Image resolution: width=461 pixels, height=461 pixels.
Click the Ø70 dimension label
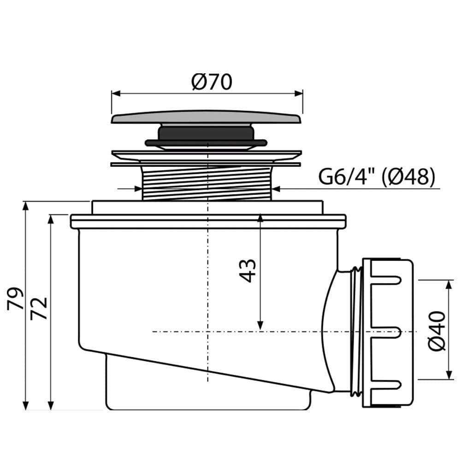[212, 82]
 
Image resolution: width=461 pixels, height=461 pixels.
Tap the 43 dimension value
[248, 271]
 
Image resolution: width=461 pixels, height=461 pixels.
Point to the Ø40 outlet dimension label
[437, 331]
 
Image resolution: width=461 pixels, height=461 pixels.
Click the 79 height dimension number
[15, 299]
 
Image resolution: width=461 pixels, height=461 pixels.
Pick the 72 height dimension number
[39, 308]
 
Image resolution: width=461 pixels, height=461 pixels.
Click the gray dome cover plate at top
[207, 117]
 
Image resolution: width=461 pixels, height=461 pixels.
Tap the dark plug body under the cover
[206, 136]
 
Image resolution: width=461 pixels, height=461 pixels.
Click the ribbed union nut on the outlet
[388, 333]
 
